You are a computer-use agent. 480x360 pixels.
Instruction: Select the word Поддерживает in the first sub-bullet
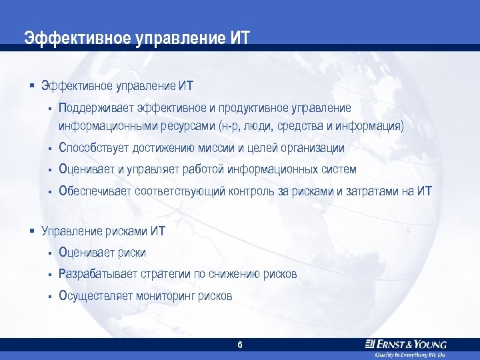click(96, 108)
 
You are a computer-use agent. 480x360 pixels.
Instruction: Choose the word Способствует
click(94, 147)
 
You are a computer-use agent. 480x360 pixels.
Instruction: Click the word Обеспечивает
click(95, 191)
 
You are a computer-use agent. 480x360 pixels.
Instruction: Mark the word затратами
click(372, 191)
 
